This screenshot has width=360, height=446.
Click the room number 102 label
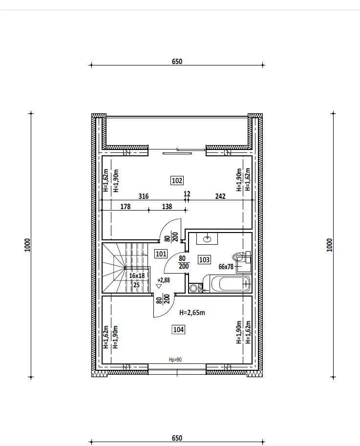[177, 180]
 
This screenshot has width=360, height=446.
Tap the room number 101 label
[161, 254]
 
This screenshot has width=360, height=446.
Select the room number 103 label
[204, 259]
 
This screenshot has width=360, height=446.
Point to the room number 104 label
[178, 329]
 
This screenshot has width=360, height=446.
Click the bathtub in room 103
[231, 284]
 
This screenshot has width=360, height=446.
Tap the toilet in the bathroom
[242, 257]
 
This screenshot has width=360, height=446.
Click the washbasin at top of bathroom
[207, 239]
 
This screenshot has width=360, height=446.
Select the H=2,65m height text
[192, 313]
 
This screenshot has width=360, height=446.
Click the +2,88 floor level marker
[164, 280]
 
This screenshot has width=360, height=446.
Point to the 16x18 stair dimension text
[137, 276]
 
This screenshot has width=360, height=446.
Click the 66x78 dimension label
[226, 267]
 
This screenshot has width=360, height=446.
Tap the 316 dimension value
[143, 196]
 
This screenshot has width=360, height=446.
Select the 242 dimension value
[220, 196]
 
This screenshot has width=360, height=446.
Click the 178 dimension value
[125, 206]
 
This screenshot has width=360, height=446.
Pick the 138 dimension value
[167, 206]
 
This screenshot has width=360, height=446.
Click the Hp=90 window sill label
[175, 360]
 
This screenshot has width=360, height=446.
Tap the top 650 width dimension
[177, 61]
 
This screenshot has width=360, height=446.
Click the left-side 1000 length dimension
[27, 245]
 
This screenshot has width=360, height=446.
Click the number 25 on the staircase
[136, 285]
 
